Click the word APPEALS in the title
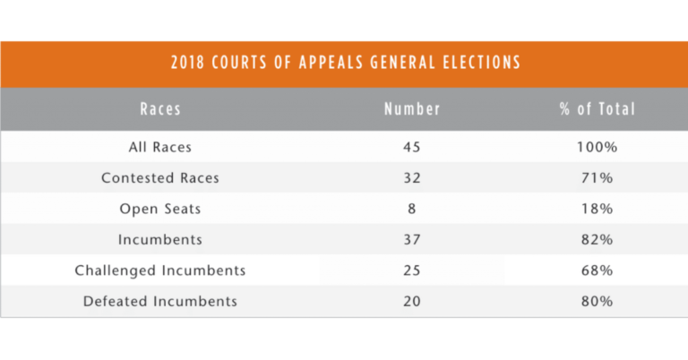[x=331, y=63]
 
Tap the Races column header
[x=160, y=109]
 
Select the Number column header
[x=412, y=109]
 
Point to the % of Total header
[x=598, y=109]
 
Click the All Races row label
[x=160, y=147]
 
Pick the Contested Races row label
[x=160, y=177]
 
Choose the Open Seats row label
[x=160, y=209]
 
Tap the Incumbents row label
[x=160, y=239]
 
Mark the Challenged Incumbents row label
[x=160, y=270]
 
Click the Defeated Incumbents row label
[x=160, y=301]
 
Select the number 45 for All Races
[x=412, y=147]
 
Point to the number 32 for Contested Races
[x=412, y=177]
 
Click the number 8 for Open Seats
[x=411, y=209]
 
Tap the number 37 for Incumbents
[x=412, y=239]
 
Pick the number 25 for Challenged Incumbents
[x=412, y=270]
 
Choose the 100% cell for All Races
[x=598, y=147]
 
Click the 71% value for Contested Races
[x=598, y=177]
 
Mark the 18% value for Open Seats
[x=598, y=209]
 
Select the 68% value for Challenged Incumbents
[x=598, y=270]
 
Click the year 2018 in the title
[x=188, y=63]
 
